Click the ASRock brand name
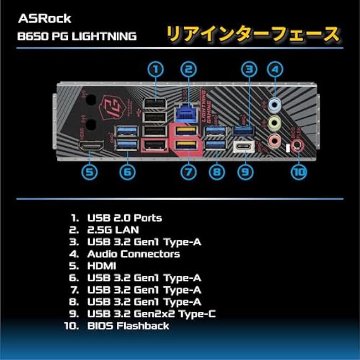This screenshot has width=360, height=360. point(45,18)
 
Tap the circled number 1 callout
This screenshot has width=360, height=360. point(156,69)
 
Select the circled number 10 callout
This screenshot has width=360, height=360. point(299,172)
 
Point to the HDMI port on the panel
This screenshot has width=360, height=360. point(91,146)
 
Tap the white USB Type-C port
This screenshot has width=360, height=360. point(244,146)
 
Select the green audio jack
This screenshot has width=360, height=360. point(275,122)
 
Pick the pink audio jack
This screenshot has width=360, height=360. point(275,140)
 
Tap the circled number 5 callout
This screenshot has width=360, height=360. point(90,172)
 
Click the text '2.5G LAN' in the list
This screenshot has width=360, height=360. point(113,230)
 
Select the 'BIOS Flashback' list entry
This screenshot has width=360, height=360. point(128,326)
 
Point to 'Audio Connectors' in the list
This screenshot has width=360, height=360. point(133,254)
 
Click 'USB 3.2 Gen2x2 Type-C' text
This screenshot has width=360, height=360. point(152,314)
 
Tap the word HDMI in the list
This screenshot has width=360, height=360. point(101,266)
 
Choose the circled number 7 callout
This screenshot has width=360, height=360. point(188,172)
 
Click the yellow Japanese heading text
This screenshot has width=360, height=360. point(253,34)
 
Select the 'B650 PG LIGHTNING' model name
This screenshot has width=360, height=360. point(77,36)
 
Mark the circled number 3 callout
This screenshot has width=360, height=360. point(249,69)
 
